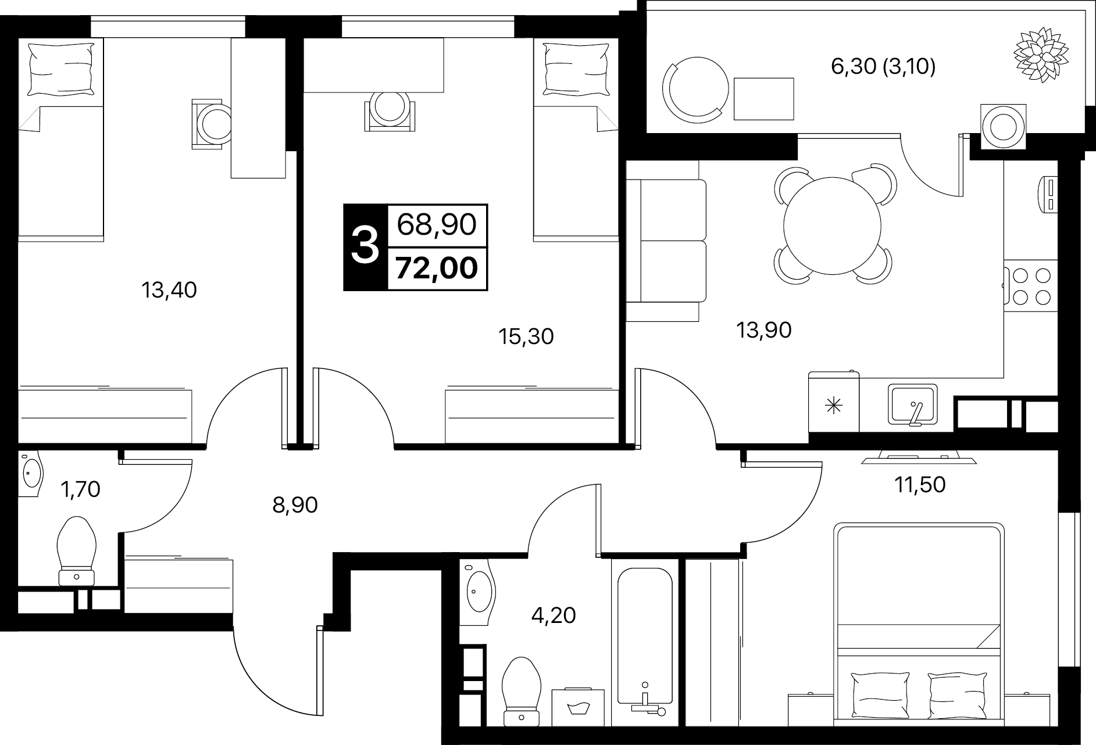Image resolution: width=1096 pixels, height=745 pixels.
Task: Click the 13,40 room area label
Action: (169, 289)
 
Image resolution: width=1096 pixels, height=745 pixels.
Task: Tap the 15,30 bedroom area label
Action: (526, 336)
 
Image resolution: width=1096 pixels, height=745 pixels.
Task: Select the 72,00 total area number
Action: (437, 268)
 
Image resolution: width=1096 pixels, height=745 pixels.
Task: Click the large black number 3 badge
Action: (365, 246)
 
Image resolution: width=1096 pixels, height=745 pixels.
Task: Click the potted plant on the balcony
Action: (1041, 54)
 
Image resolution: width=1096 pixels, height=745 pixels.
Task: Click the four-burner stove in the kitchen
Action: (1030, 285)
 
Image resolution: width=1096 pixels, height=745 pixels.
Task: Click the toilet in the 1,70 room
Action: (77, 550)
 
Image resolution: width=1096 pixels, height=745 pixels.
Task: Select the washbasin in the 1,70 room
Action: (31, 474)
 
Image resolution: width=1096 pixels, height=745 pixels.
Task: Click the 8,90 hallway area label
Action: (295, 505)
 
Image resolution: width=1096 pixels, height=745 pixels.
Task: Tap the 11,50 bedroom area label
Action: (920, 484)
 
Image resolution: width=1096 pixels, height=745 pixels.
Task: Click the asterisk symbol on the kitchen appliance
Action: (834, 405)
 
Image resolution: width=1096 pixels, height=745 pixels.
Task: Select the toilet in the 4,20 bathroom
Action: (522, 692)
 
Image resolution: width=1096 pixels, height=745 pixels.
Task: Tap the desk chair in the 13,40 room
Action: (210, 124)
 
